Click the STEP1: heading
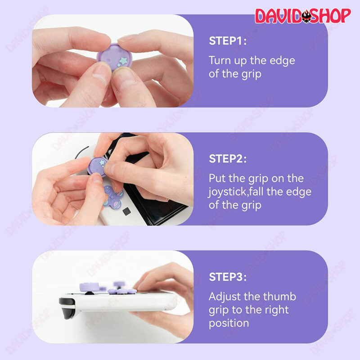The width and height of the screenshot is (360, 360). (x=228, y=41)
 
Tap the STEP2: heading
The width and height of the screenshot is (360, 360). (x=228, y=159)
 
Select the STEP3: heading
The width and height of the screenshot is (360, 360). (x=228, y=277)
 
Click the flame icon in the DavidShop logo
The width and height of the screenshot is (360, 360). (x=306, y=16)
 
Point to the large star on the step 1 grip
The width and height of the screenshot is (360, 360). (x=124, y=61)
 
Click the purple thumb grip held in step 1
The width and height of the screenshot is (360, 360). (x=114, y=58)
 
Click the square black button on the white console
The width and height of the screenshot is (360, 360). (x=126, y=211)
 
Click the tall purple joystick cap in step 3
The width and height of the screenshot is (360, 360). (x=89, y=287)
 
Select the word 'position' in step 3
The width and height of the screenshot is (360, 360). (x=229, y=324)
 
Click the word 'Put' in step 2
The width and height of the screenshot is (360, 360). (x=217, y=178)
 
